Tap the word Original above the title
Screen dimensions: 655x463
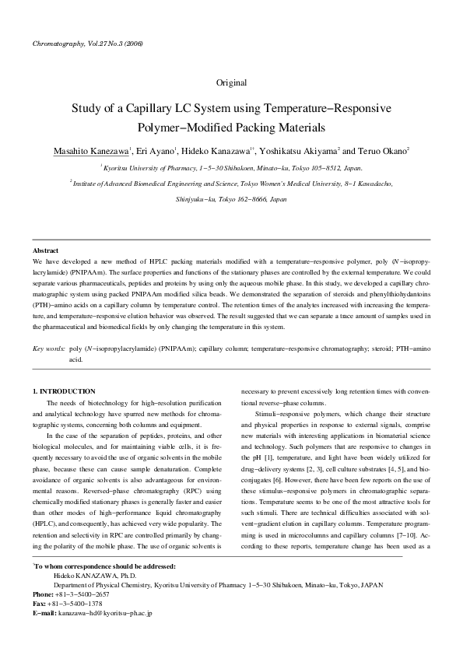click(231, 82)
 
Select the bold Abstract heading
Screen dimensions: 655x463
click(46, 251)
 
